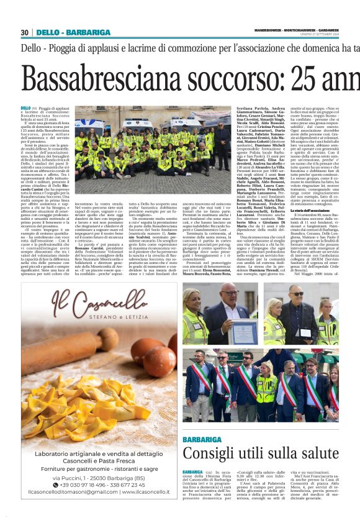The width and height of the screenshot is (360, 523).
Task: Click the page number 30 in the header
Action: [x=25, y=32]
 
